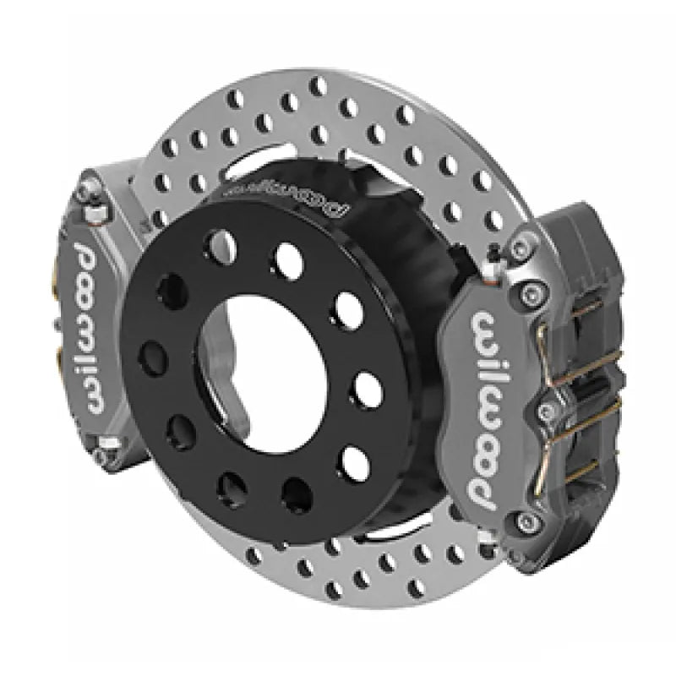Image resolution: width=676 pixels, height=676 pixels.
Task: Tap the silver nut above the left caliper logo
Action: point(92,211)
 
